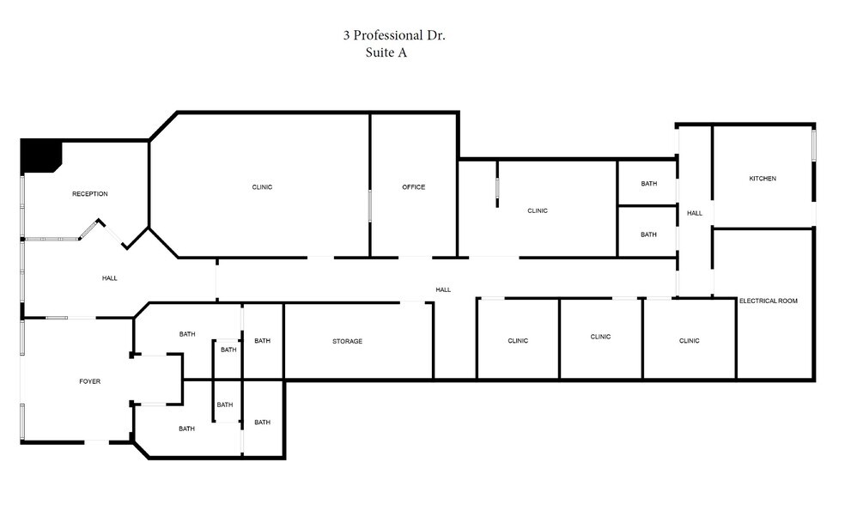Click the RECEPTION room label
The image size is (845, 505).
point(90,193)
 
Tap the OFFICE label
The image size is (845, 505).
point(413,187)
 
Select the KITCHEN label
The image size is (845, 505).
point(763,179)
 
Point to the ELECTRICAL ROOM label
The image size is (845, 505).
point(768,301)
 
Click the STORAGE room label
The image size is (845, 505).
point(347,341)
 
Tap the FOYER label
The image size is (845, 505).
point(90,381)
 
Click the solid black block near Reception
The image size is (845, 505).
point(40,154)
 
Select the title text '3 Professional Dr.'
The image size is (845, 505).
point(394,35)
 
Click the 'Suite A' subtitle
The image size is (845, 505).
point(386,52)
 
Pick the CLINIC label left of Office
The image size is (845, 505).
point(262,187)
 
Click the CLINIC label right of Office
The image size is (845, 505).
point(538,210)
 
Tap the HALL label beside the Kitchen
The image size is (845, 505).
point(695,213)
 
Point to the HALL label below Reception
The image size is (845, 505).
point(109,278)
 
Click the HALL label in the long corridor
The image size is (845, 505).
point(443,289)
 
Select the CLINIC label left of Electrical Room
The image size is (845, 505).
point(690,341)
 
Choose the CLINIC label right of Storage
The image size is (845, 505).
point(518,341)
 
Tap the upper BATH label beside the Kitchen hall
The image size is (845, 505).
point(649,184)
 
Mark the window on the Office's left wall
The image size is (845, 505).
point(369,205)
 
